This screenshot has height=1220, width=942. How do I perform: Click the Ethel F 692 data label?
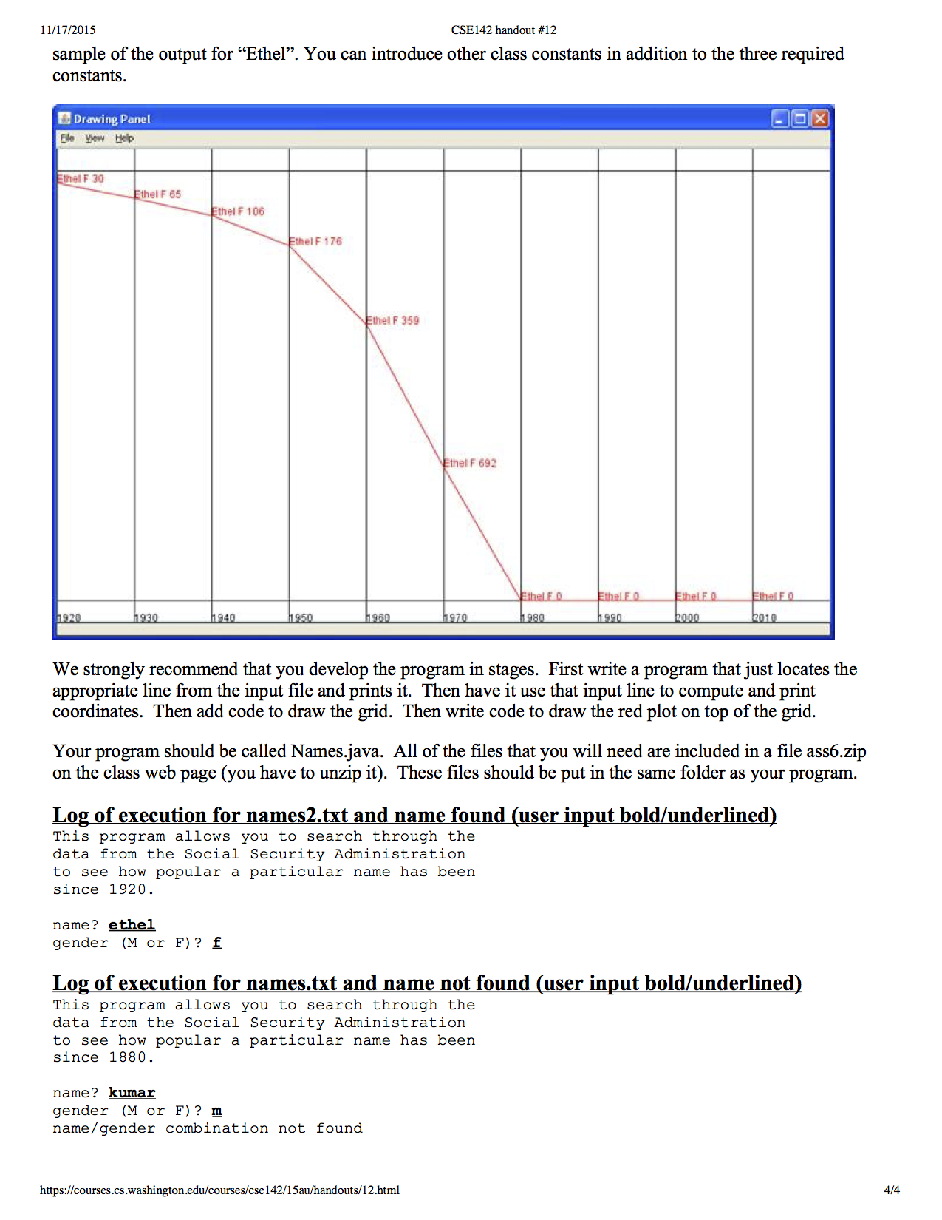click(470, 464)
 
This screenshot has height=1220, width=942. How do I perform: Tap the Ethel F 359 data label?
click(393, 321)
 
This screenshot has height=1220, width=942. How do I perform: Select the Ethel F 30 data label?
click(81, 179)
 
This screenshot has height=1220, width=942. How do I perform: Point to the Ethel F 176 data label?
click(316, 242)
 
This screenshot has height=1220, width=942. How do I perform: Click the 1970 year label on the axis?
click(455, 618)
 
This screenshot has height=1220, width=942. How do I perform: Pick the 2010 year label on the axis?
click(765, 618)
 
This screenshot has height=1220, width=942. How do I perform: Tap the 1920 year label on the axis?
click(69, 618)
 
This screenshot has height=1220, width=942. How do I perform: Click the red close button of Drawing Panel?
click(819, 119)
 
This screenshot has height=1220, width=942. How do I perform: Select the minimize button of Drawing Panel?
click(779, 119)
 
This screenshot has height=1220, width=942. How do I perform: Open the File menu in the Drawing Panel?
click(67, 138)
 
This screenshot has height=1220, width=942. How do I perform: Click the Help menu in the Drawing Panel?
click(124, 138)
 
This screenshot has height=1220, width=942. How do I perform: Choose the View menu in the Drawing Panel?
click(95, 138)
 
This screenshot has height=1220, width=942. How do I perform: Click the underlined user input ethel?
click(132, 925)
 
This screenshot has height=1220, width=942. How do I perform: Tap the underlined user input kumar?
click(132, 1093)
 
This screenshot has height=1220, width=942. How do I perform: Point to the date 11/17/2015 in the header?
click(68, 30)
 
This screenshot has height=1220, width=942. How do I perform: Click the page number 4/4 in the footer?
click(892, 1190)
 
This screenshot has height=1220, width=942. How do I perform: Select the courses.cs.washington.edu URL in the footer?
click(219, 1190)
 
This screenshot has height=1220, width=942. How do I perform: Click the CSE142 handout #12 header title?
click(504, 30)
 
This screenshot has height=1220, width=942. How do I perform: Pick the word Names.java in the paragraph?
click(336, 752)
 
